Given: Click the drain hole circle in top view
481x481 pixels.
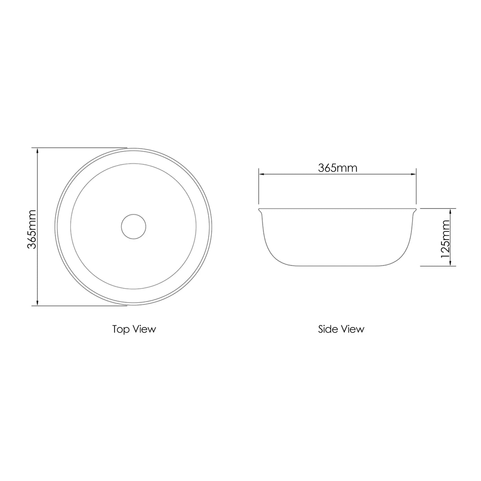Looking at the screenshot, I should point(134,226).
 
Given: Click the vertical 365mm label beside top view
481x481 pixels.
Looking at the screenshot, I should point(32,229).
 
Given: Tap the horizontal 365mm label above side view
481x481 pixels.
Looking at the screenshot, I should point(337,168).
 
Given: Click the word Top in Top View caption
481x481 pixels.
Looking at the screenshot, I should point(121,329).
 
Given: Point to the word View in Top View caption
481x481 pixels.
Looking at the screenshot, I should point(144,329).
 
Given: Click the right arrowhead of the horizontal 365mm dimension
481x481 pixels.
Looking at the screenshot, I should point(413,175).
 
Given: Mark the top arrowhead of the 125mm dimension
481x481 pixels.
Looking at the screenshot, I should point(450,211).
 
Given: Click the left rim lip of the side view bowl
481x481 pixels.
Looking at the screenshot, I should point(260,209).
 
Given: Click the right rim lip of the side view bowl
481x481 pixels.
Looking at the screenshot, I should point(415,209).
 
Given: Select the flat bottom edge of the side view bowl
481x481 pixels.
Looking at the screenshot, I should point(337,266).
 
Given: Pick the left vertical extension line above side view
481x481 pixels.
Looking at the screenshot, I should point(259,187).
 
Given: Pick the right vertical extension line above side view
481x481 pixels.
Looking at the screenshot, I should point(416,187).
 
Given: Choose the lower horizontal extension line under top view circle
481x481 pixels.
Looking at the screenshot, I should point(79,306).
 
